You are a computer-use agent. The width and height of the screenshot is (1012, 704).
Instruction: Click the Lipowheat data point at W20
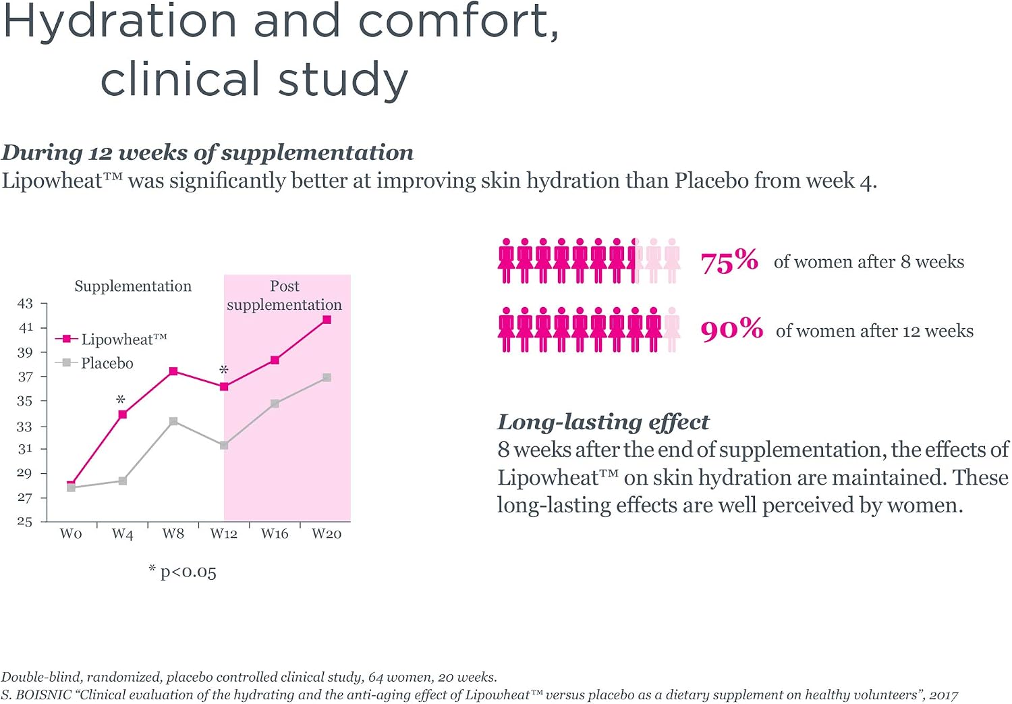327,320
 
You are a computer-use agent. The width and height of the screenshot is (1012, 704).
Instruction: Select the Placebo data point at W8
173,422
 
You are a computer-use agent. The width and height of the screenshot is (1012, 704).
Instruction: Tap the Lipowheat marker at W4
122,414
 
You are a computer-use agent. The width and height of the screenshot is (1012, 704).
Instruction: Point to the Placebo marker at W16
275,404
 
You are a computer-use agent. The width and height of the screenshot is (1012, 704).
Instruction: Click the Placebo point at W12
224,445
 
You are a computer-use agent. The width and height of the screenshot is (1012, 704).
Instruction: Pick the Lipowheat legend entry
111,340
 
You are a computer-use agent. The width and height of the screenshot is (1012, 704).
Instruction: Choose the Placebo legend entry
94,363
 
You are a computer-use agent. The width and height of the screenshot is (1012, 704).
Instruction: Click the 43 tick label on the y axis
25,303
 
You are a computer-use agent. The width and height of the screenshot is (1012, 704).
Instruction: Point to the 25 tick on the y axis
25,522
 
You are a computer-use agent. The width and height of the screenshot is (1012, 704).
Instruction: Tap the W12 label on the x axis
223,534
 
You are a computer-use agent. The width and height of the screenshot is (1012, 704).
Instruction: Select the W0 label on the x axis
71,534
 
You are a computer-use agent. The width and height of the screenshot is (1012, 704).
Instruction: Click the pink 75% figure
729,261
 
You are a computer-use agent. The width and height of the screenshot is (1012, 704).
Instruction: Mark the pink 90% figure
732,329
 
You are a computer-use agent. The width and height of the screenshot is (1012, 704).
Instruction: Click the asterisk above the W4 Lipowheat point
121,400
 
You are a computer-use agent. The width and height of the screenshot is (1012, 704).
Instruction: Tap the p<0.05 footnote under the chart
183,572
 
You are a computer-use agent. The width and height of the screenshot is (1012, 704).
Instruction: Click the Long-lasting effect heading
603,423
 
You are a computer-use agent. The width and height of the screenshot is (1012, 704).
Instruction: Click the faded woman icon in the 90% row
672,330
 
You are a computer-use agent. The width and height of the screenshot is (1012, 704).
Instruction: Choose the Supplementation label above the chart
133,286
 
